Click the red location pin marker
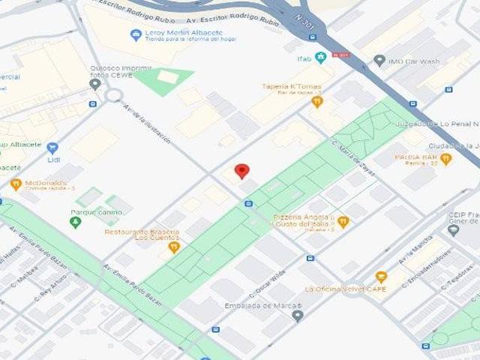pos(241,171)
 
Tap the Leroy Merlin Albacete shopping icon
pos(135,34)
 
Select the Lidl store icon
pos(52,148)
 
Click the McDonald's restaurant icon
pos(16,184)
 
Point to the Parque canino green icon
pos(75,222)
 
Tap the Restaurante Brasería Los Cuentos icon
pos(174,246)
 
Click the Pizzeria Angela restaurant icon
pos(343,221)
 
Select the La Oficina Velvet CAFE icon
pos(380,277)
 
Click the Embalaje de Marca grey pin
pos(298,316)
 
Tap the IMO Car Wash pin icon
pos(379,61)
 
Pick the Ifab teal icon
pos(320,58)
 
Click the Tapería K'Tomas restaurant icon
pos(317,101)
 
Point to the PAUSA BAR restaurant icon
pos(445,159)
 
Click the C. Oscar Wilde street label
pos(268,283)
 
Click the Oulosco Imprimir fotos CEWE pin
pos(94,84)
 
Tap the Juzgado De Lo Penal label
pos(448,122)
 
